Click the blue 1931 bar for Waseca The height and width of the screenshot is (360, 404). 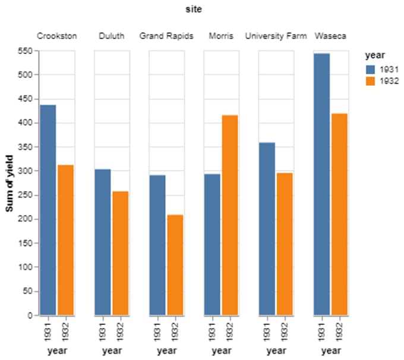321,184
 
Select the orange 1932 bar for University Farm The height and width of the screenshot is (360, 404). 285,244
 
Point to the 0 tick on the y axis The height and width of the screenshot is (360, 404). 29,315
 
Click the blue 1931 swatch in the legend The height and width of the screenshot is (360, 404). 370,70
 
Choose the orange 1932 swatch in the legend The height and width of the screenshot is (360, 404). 370,81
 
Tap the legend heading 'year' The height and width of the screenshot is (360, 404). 373,55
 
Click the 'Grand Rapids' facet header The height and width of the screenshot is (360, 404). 166,36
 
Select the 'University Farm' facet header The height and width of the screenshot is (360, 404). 276,36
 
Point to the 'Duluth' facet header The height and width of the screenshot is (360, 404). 112,36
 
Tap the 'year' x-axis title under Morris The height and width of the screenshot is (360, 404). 221,351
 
